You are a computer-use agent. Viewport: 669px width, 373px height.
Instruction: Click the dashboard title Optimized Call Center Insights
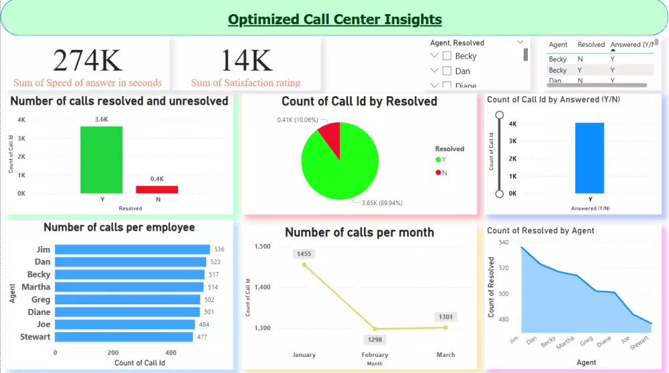coord(334,19)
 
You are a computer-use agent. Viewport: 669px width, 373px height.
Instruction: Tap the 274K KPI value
coord(88,60)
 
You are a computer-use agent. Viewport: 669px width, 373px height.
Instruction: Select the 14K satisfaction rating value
coord(246,60)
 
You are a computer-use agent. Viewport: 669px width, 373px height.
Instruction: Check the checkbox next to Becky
coord(447,56)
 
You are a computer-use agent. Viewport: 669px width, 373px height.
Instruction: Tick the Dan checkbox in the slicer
coord(447,71)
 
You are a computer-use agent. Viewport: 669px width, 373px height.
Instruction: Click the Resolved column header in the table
coord(591,45)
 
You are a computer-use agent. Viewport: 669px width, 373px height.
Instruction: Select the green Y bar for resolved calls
coord(102,160)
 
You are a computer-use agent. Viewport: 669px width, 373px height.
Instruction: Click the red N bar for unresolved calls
coord(157,189)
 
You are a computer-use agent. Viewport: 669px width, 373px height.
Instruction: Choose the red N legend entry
coord(439,172)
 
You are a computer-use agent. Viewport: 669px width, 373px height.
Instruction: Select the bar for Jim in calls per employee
coord(132,249)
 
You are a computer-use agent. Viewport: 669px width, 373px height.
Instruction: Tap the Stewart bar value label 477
coord(202,337)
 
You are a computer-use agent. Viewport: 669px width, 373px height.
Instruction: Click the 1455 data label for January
coord(304,254)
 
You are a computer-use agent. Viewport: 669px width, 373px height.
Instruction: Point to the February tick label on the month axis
coord(375,355)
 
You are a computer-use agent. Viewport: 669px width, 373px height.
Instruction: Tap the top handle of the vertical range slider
coord(498,114)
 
